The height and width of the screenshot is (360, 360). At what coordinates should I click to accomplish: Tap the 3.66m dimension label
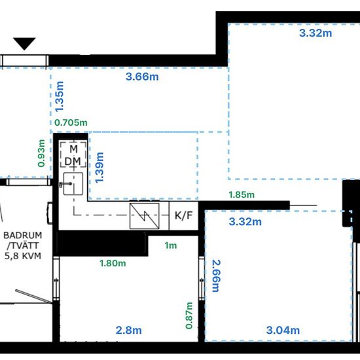click(142, 77)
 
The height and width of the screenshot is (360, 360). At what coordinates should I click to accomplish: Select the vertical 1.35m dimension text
click(59, 96)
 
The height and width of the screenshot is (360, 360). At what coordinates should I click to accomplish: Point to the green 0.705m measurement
click(71, 122)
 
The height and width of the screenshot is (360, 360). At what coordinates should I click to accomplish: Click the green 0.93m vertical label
click(41, 153)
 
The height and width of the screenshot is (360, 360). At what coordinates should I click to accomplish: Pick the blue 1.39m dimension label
click(99, 168)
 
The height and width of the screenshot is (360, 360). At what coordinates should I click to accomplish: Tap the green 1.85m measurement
click(242, 194)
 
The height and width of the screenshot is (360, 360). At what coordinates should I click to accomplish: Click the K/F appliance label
click(183, 215)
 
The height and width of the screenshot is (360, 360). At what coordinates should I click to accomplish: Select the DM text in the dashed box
click(73, 162)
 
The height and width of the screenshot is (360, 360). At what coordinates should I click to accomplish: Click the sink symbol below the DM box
click(73, 184)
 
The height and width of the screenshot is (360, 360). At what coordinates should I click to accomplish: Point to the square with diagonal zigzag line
click(145, 216)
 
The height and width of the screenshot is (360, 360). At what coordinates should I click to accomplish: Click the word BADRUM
click(23, 236)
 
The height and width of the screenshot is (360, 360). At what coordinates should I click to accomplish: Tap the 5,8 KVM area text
click(23, 256)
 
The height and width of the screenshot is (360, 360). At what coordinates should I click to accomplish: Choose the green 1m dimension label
click(171, 245)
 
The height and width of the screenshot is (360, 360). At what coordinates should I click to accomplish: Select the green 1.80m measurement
click(113, 263)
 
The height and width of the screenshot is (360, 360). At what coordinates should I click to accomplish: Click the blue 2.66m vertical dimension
click(216, 276)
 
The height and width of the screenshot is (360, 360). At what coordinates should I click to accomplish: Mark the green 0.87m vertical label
click(189, 315)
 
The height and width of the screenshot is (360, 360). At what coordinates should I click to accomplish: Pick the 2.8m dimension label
click(128, 331)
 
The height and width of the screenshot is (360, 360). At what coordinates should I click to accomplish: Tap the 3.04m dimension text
click(283, 331)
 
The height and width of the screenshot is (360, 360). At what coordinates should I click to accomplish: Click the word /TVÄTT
click(23, 245)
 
